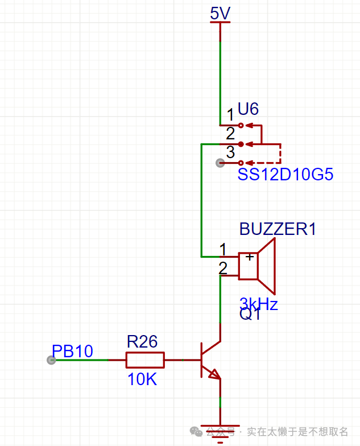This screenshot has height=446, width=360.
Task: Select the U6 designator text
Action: click(x=248, y=108)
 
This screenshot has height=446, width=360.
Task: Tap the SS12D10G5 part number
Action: click(x=285, y=175)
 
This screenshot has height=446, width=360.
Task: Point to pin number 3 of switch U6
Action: click(x=230, y=152)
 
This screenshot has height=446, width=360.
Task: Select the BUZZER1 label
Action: click(x=278, y=229)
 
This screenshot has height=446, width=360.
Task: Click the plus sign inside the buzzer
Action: click(x=249, y=258)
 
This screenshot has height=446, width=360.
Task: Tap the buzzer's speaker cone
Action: click(x=267, y=265)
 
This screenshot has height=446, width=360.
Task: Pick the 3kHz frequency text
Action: click(x=259, y=303)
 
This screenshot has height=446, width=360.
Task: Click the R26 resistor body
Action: click(x=145, y=360)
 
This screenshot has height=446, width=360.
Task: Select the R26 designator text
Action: click(x=142, y=341)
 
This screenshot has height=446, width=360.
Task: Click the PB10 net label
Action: click(x=72, y=351)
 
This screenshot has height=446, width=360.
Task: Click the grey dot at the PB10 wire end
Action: click(x=51, y=360)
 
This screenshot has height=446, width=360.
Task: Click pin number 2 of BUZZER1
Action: click(x=223, y=267)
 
